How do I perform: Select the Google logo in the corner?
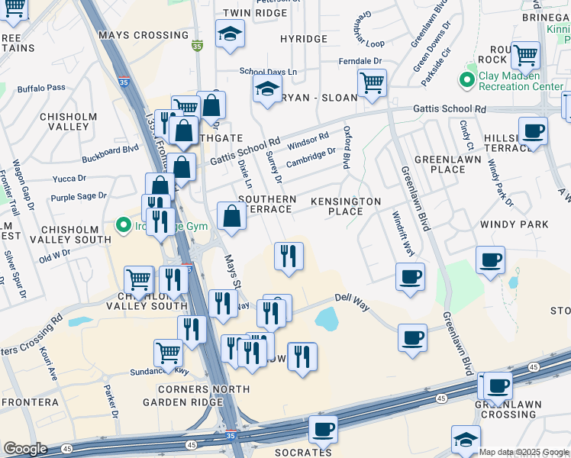(x=25, y=449)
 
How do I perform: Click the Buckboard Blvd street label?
(x=110, y=150)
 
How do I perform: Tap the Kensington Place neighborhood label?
(x=345, y=205)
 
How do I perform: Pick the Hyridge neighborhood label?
(x=303, y=39)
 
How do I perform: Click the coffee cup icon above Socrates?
(x=323, y=429)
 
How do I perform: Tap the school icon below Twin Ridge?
(x=230, y=34)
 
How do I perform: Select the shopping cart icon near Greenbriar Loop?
(x=372, y=83)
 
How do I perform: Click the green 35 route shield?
(x=197, y=46)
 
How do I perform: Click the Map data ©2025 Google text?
(x=524, y=452)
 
